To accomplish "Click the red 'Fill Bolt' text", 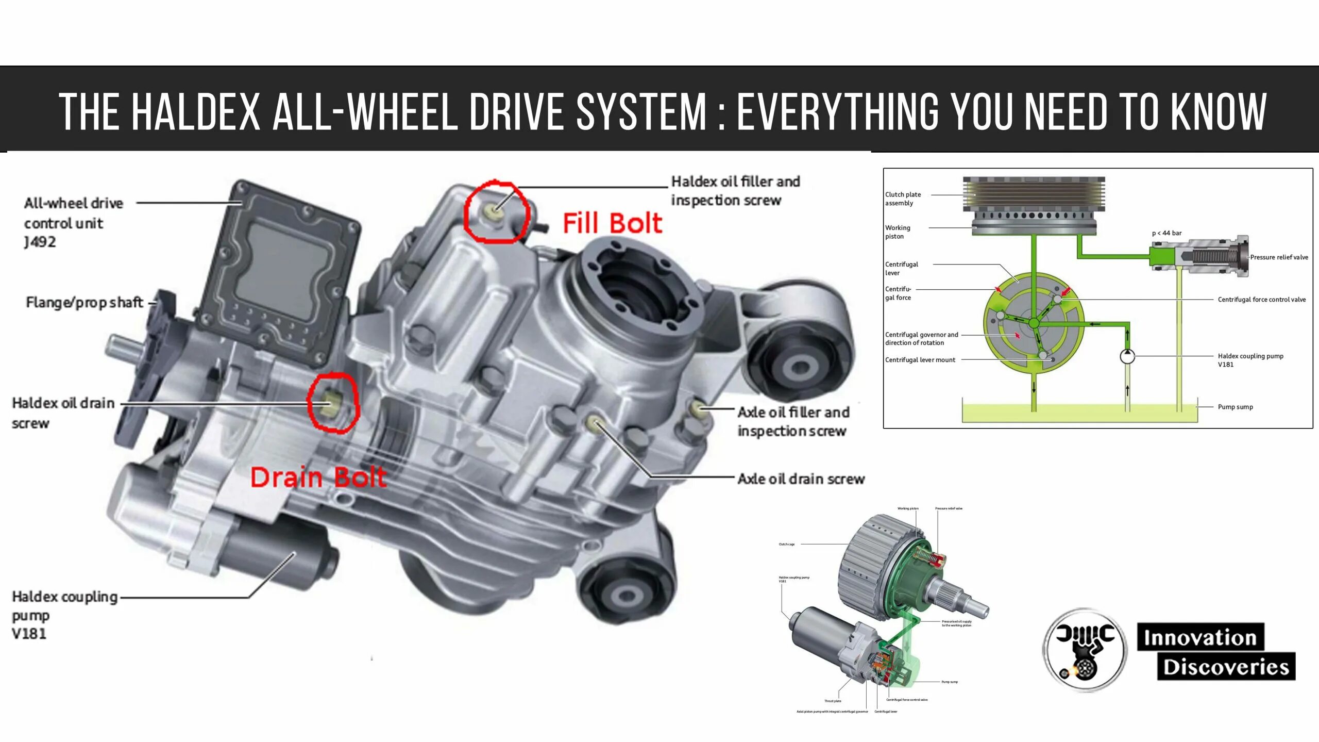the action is tap(612, 224).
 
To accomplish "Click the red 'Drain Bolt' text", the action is tap(318, 477).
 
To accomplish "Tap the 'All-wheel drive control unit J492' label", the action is tap(73, 222).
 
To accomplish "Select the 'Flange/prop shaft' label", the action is tap(84, 302).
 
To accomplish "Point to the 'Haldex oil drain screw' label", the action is tap(62, 413).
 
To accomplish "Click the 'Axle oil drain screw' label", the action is tap(801, 479).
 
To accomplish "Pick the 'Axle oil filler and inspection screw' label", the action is tap(793, 421).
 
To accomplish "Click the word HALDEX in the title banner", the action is tap(196, 111).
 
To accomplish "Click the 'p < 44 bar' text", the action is tap(1166, 233).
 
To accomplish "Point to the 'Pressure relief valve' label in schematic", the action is tap(1279, 257).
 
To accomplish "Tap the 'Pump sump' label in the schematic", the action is tap(1235, 407).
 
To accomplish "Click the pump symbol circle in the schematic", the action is tap(1127, 356).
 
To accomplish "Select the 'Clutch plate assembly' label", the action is tap(903, 199).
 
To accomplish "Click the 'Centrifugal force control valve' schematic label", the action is tap(1261, 300).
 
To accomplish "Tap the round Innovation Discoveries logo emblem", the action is tap(1085, 650).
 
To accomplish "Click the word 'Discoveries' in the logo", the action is tap(1226, 667).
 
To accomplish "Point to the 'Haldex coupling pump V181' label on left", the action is tap(64, 615).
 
